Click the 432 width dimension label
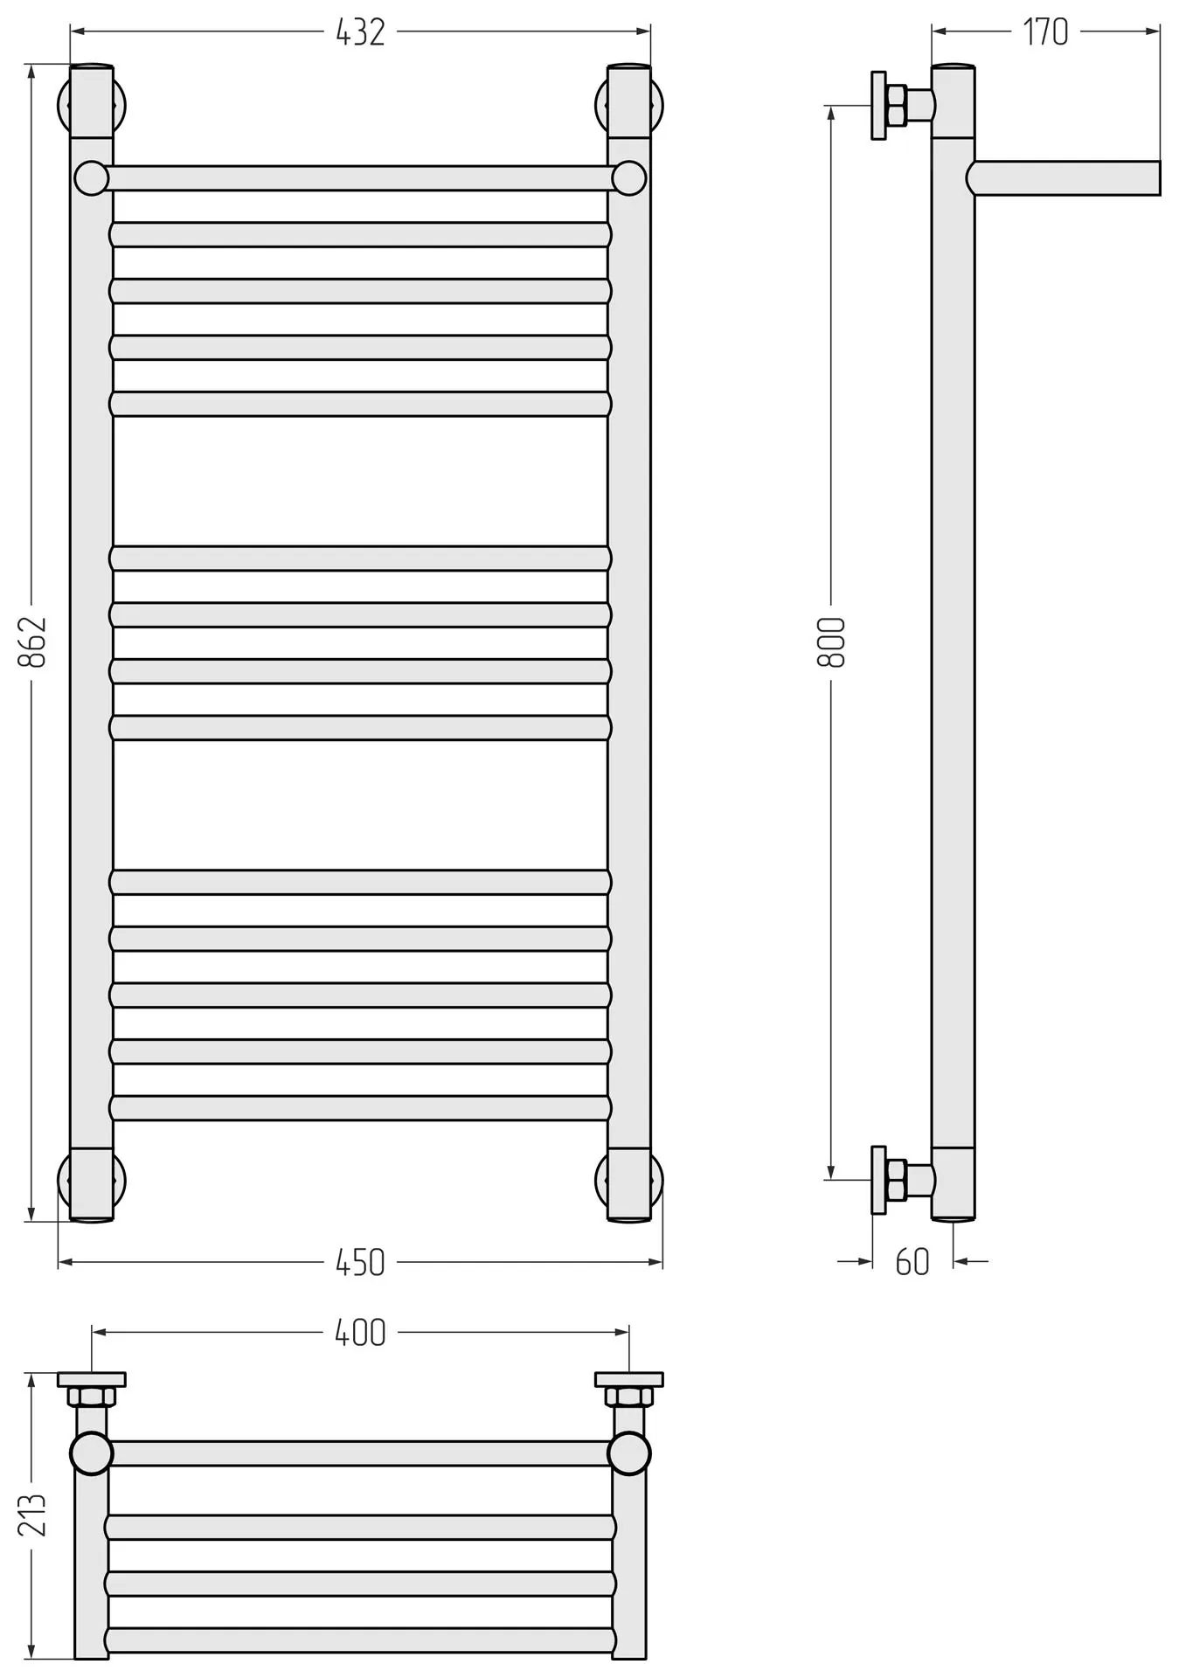(360, 32)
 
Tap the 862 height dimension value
(32, 641)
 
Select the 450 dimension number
(360, 1263)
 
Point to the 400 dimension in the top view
(360, 1333)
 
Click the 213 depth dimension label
(32, 1515)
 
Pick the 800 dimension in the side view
(831, 642)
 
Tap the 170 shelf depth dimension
(1045, 32)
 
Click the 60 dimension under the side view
(912, 1263)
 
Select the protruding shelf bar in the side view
(1064, 178)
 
